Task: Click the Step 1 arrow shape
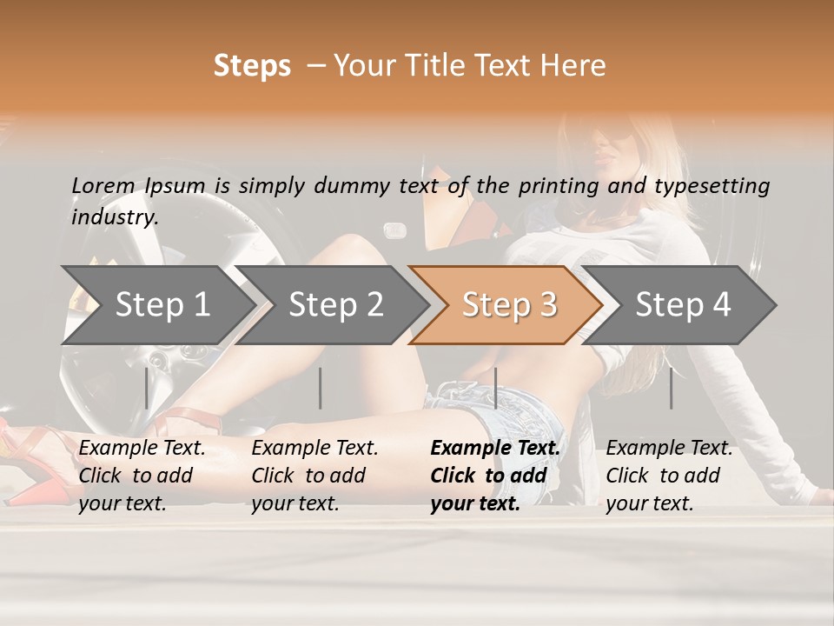156,304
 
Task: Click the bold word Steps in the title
252,65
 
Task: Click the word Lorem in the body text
103,185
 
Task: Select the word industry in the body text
114,216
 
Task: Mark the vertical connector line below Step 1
147,388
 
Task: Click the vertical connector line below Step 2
321,388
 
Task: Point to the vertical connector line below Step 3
495,388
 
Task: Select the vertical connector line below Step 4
671,388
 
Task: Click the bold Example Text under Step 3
495,448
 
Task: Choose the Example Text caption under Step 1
142,448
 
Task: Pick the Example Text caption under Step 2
314,448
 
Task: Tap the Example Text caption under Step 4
669,448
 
